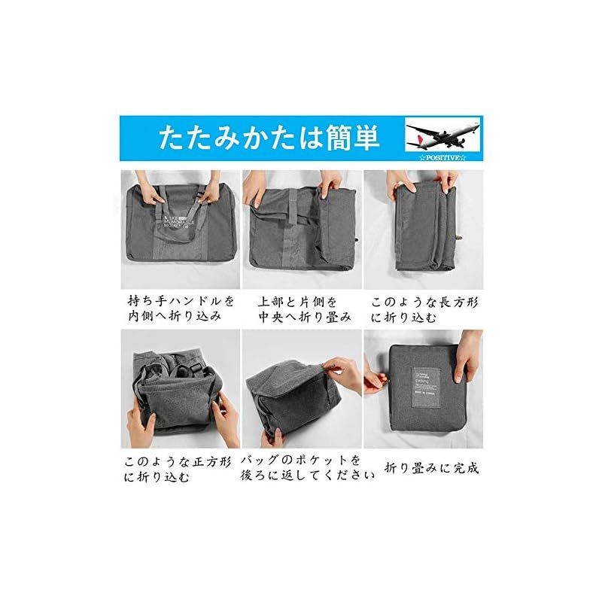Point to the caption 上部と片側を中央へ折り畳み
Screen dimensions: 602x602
point(300,308)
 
